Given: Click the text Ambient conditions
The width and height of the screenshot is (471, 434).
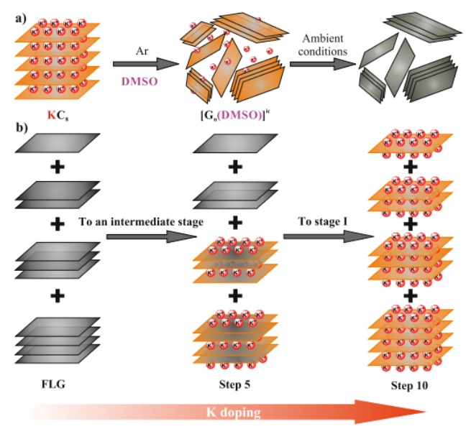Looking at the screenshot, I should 323,45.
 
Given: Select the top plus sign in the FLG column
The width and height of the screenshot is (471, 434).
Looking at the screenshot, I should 55,166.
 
